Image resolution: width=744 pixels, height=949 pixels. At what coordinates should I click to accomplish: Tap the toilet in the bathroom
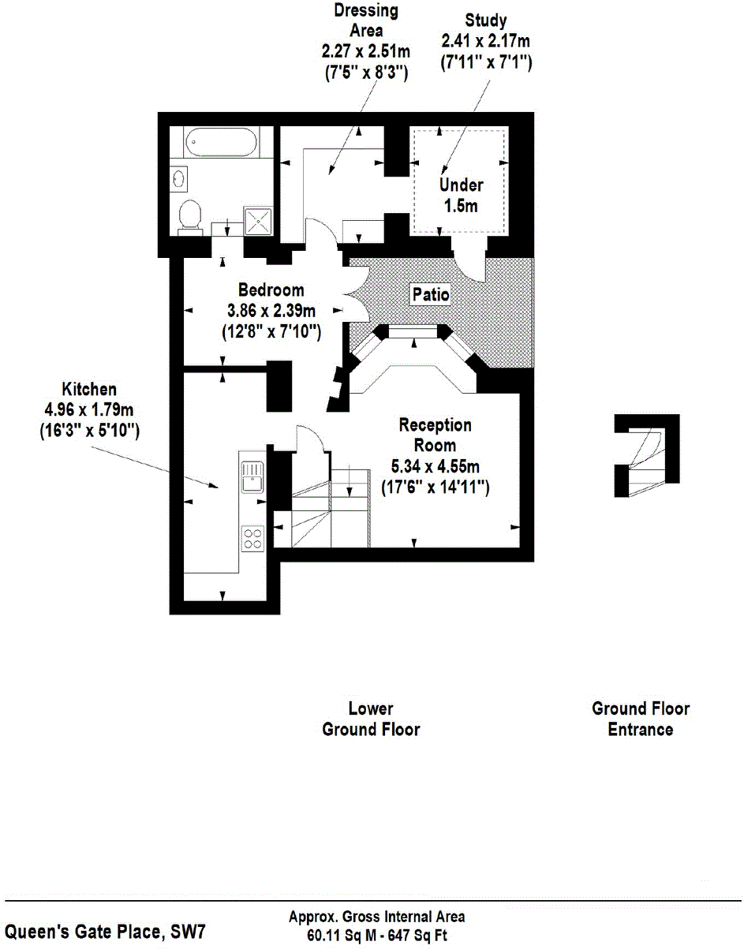(189, 215)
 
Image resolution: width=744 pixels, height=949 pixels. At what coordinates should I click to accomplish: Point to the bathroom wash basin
(180, 179)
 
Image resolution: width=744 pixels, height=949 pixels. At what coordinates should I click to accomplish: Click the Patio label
(431, 295)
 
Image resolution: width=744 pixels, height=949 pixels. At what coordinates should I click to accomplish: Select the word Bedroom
(271, 290)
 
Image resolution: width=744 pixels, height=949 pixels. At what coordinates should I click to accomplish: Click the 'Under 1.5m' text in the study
(462, 194)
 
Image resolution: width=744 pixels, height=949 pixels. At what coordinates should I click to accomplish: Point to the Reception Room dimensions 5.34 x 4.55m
(436, 465)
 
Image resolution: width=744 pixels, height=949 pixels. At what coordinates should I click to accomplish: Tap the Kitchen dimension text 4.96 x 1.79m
(89, 410)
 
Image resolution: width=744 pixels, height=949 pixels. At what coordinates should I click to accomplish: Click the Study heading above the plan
(486, 20)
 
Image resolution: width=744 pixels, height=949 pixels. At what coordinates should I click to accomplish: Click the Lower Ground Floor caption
(371, 719)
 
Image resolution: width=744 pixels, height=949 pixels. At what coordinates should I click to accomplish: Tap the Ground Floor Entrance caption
(641, 719)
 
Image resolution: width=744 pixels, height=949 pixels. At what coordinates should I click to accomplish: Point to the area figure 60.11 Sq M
(345, 936)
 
